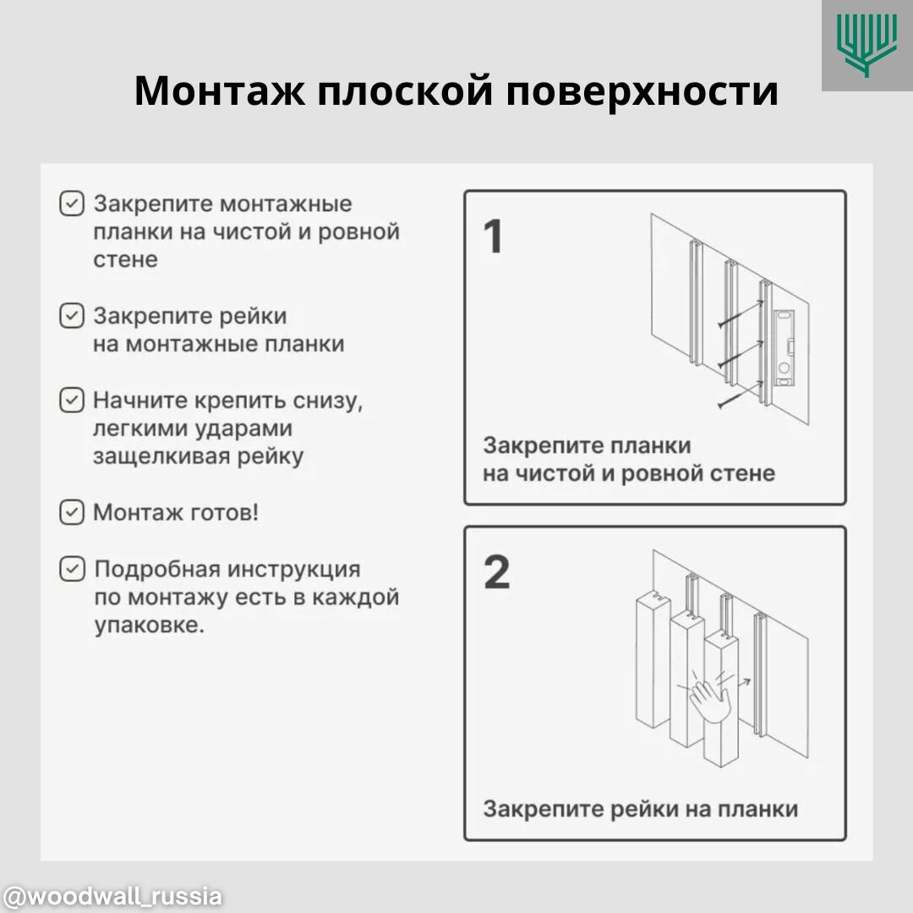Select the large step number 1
coord(493,237)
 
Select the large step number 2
coord(496,572)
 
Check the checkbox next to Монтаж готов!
coord(72,512)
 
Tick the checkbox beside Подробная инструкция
coord(72,569)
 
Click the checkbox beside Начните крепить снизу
coord(72,400)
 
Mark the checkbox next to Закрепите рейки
coord(72,316)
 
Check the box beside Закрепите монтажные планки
coord(72,204)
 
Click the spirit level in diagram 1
coord(784,347)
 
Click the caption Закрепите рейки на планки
coord(640,809)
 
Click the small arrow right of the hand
coord(745,678)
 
